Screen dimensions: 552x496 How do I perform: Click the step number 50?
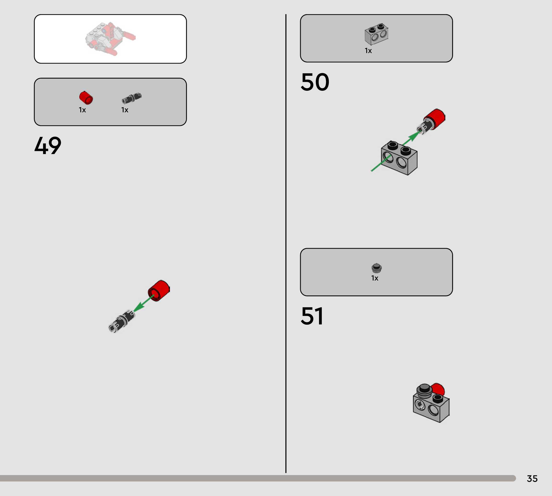point(315,82)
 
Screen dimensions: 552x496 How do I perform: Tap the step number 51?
point(312,316)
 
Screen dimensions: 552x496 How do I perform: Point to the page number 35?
point(532,478)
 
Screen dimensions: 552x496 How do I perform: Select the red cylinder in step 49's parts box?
point(86,98)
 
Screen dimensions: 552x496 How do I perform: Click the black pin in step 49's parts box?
point(131,98)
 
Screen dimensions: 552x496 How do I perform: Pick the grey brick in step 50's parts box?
point(377,34)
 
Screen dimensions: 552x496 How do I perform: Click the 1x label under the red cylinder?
point(82,110)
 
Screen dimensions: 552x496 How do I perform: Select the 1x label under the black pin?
point(125,110)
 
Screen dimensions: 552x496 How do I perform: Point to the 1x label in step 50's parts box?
point(368,51)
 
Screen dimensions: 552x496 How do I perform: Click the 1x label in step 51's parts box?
point(375,278)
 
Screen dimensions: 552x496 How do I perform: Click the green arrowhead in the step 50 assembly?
point(414,135)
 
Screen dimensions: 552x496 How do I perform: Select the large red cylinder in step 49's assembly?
point(159,291)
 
